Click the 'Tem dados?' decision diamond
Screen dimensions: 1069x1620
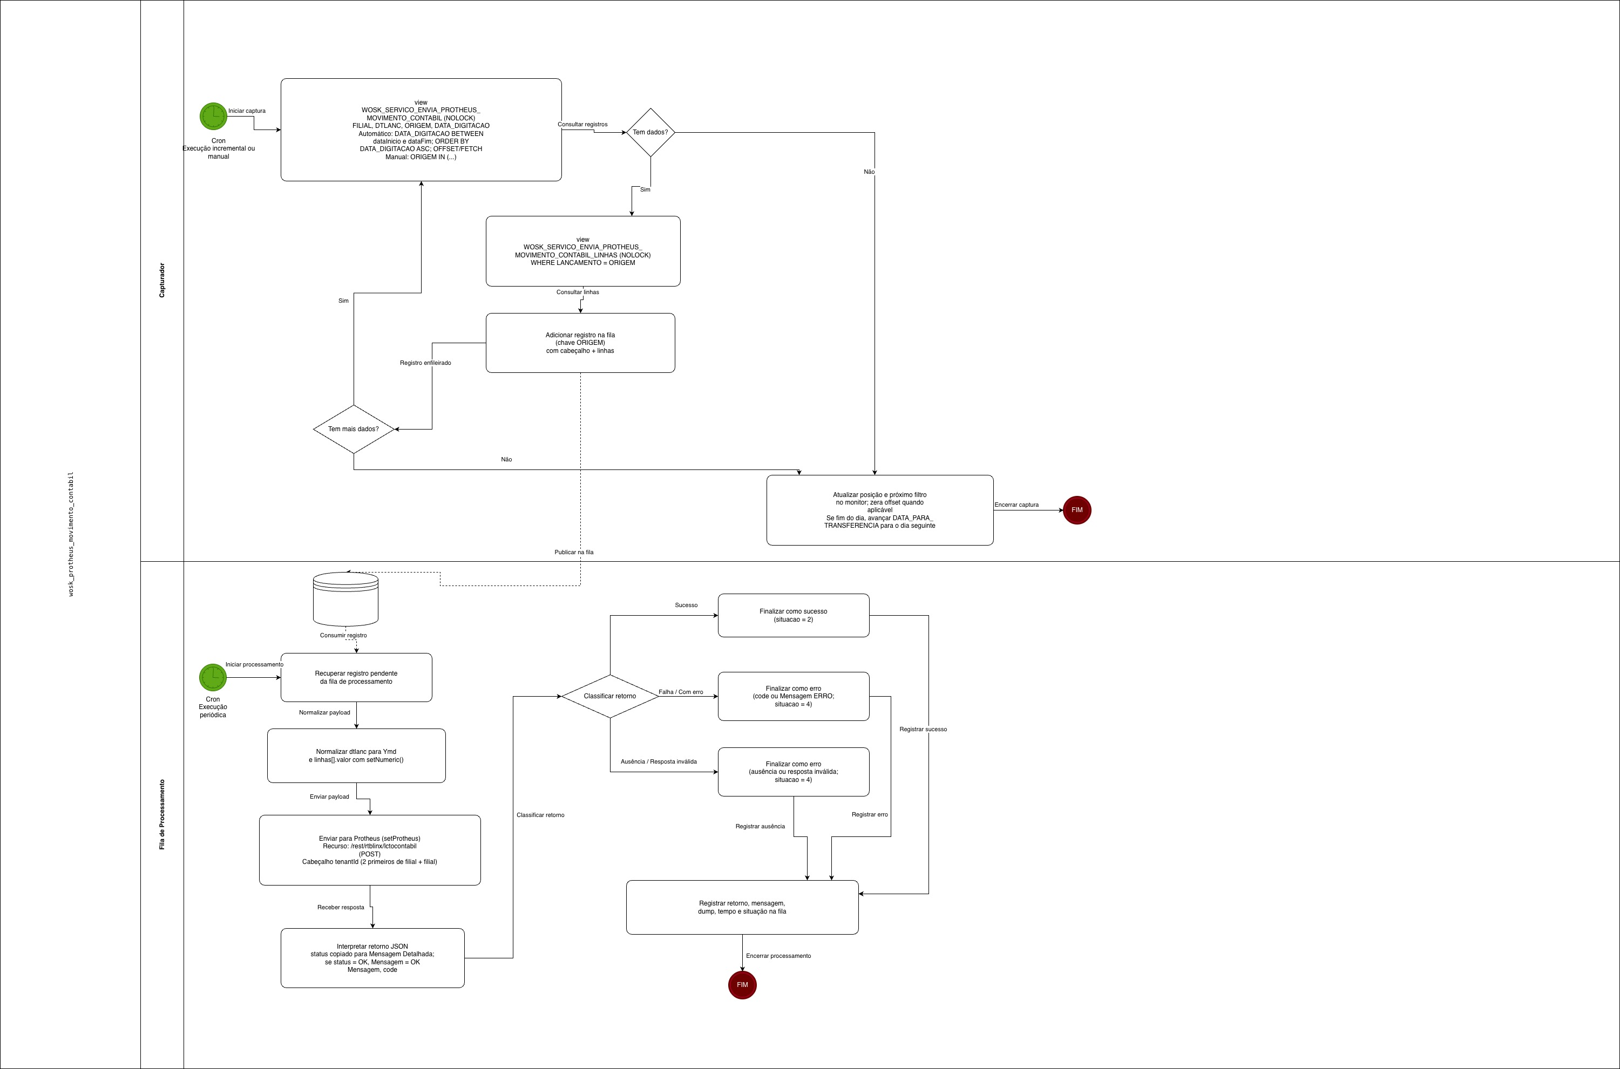pyautogui.click(x=650, y=132)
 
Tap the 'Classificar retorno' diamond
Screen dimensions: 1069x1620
pyautogui.click(x=609, y=696)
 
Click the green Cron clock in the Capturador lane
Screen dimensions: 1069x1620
pyautogui.click(x=213, y=117)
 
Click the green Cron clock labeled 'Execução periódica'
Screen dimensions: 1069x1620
pyautogui.click(x=213, y=677)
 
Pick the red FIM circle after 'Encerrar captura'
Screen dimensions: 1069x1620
pyautogui.click(x=1076, y=510)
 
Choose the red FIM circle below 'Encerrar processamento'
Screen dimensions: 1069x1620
pyautogui.click(x=742, y=984)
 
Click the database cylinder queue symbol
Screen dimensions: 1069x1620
pyautogui.click(x=345, y=598)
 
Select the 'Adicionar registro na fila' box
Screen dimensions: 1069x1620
pyautogui.click(x=580, y=343)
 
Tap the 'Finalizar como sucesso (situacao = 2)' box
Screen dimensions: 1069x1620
pyautogui.click(x=793, y=616)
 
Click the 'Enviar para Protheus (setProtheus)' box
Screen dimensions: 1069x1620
pyautogui.click(x=370, y=850)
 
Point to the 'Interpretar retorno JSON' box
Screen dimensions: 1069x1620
pyautogui.click(x=372, y=958)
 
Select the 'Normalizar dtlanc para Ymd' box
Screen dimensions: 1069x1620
pyautogui.click(x=356, y=755)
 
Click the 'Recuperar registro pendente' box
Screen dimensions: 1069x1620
pyautogui.click(x=356, y=677)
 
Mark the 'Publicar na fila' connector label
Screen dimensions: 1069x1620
pyautogui.click(x=574, y=552)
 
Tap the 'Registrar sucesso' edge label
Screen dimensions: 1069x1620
pyautogui.click(x=923, y=730)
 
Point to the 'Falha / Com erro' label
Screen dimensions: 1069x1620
pyautogui.click(x=681, y=692)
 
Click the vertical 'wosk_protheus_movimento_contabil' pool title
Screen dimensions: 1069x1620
pyautogui.click(x=71, y=534)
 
